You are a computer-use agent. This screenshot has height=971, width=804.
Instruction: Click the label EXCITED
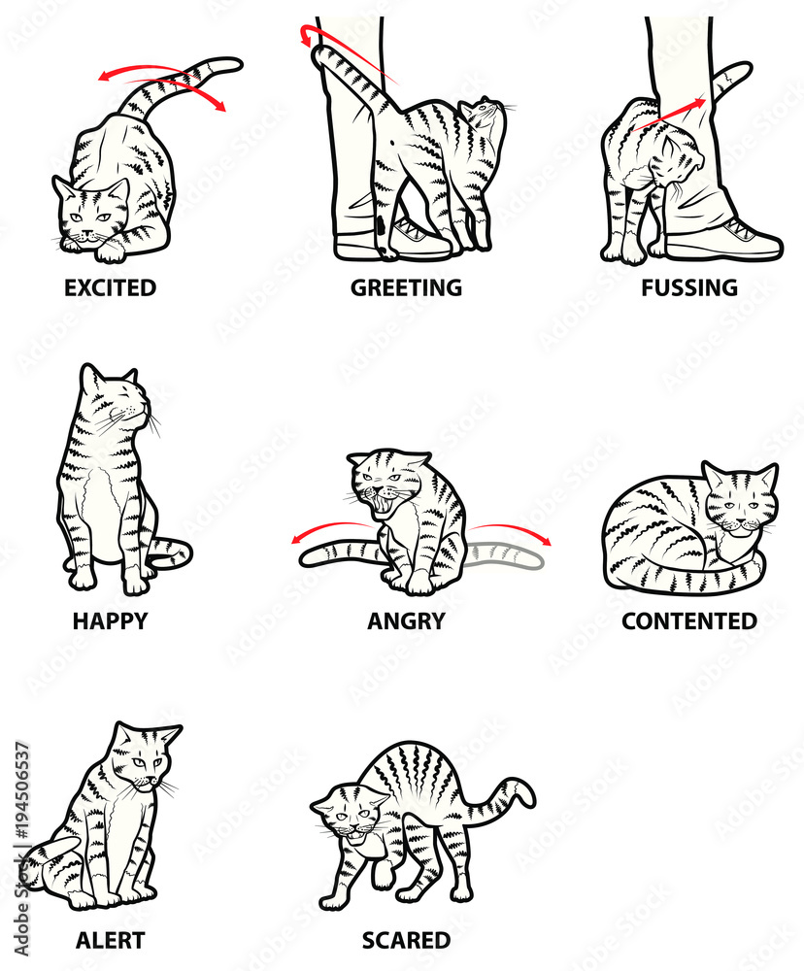click(x=110, y=287)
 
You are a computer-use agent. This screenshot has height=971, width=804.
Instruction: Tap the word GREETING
click(x=406, y=287)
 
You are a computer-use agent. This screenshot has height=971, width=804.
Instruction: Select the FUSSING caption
click(x=688, y=287)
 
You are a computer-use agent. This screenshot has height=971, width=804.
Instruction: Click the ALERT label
click(x=110, y=940)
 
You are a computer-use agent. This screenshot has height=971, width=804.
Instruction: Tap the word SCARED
click(x=406, y=940)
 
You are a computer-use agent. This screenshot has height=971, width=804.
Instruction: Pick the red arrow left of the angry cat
click(x=330, y=530)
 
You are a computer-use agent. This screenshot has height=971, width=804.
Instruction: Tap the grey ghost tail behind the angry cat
click(x=505, y=555)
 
